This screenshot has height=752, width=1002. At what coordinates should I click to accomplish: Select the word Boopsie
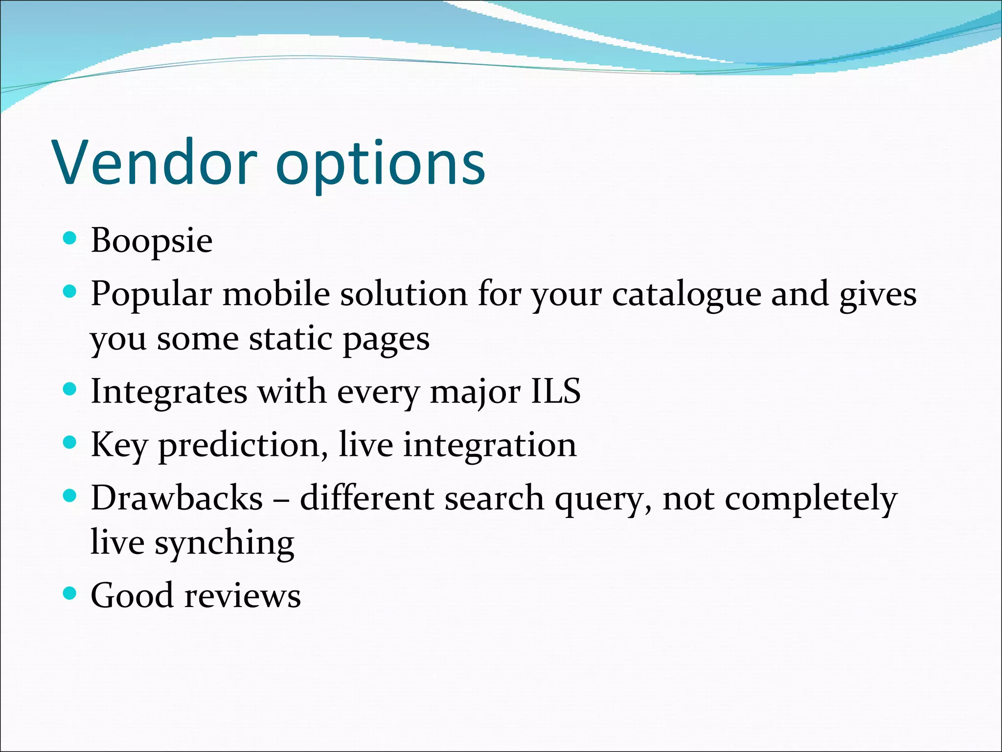click(152, 241)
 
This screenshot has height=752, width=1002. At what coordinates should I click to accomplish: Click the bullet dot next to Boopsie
click(70, 238)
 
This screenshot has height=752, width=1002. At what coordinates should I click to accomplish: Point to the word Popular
click(151, 294)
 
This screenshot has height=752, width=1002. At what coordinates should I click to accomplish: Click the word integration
click(490, 446)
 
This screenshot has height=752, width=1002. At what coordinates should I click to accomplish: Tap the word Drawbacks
click(177, 498)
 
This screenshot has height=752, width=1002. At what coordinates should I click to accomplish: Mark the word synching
click(225, 543)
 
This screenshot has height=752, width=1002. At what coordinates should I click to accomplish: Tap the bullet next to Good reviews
click(70, 593)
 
